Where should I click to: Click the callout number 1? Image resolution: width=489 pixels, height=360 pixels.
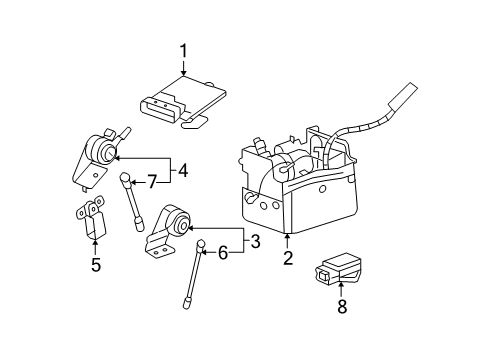click(x=183, y=50)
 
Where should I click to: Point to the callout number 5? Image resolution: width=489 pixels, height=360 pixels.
click(x=96, y=265)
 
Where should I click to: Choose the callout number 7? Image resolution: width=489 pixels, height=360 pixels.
click(x=152, y=182)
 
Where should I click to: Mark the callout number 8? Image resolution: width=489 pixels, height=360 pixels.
click(x=341, y=306)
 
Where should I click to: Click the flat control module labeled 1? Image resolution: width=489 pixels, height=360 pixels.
click(x=185, y=100)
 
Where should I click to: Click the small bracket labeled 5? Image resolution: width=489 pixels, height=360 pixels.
click(x=94, y=221)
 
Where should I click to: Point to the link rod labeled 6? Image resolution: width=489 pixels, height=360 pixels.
click(x=192, y=280)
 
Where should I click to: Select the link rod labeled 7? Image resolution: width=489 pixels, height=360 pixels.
click(x=133, y=205)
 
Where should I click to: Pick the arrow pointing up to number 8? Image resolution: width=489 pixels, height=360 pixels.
click(x=341, y=288)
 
